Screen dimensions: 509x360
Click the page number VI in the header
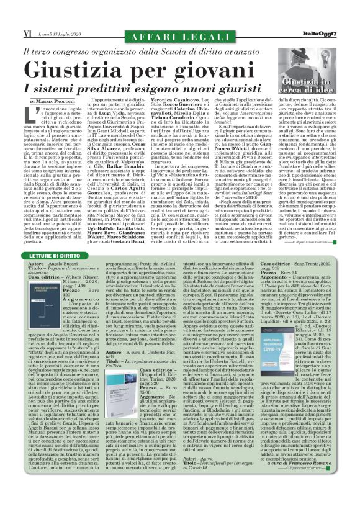tap(27, 16)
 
